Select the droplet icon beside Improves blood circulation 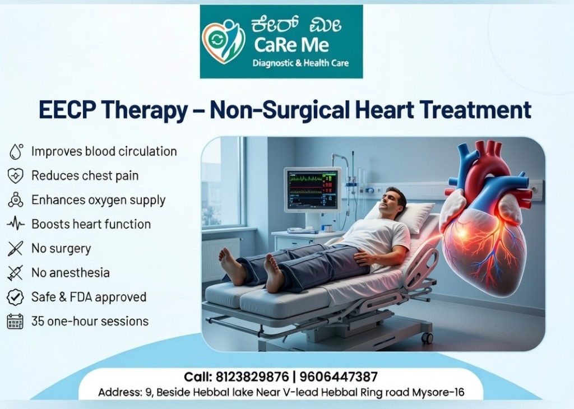tap(16, 151)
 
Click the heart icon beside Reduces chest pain tap(15, 175)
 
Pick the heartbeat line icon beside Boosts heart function tap(16, 224)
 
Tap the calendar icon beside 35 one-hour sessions tap(15, 321)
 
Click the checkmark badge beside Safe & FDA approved tap(15, 297)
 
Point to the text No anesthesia tap(70, 272)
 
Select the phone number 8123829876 tap(252, 377)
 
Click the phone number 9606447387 tap(339, 377)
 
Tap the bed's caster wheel tap(427, 338)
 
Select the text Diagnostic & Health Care tap(300, 63)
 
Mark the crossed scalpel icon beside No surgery tap(15, 248)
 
